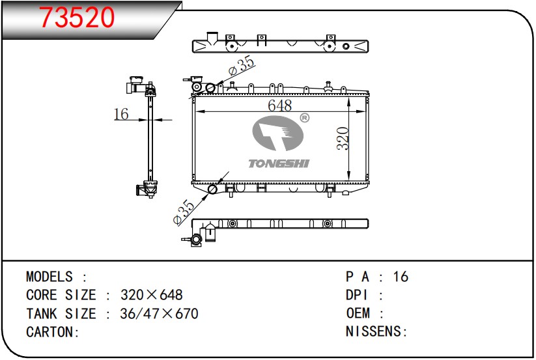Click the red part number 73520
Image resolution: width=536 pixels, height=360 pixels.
[x=78, y=18]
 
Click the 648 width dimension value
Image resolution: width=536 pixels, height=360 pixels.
[x=279, y=105]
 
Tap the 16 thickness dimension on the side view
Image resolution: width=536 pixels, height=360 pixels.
[x=120, y=115]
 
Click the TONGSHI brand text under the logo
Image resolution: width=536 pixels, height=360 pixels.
[x=279, y=163]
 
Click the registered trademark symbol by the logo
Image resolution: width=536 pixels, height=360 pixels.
[x=304, y=118]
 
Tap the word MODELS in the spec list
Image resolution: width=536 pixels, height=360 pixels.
[x=50, y=277]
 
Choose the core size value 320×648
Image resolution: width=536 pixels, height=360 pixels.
[x=152, y=295]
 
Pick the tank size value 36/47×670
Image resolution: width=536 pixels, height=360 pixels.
[x=159, y=314]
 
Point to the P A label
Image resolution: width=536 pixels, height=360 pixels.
[x=359, y=277]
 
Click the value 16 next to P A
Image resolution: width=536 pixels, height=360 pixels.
[x=401, y=277]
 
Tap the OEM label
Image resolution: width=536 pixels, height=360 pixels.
[x=360, y=314]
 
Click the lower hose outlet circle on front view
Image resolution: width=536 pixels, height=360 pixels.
[x=212, y=189]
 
